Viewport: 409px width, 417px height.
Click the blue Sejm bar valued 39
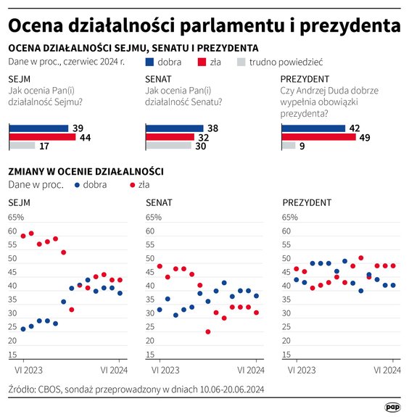38,128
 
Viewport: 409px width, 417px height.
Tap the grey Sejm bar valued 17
21,146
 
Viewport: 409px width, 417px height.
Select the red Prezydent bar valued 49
318,137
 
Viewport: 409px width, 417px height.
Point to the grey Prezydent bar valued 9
288,146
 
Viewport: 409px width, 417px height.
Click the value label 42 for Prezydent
355,128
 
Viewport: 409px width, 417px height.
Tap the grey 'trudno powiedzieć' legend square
242,62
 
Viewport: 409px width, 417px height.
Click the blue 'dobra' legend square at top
149,62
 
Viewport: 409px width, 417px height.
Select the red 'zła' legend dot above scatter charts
132,185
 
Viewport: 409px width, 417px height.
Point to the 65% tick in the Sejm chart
16,218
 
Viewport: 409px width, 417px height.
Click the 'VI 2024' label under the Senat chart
249,370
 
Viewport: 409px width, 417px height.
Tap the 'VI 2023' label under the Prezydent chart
296,370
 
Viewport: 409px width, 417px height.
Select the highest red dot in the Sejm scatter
31,234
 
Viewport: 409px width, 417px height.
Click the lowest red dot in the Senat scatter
208,332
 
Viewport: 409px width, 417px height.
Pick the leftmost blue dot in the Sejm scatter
23,329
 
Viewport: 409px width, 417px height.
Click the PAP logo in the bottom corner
392,408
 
